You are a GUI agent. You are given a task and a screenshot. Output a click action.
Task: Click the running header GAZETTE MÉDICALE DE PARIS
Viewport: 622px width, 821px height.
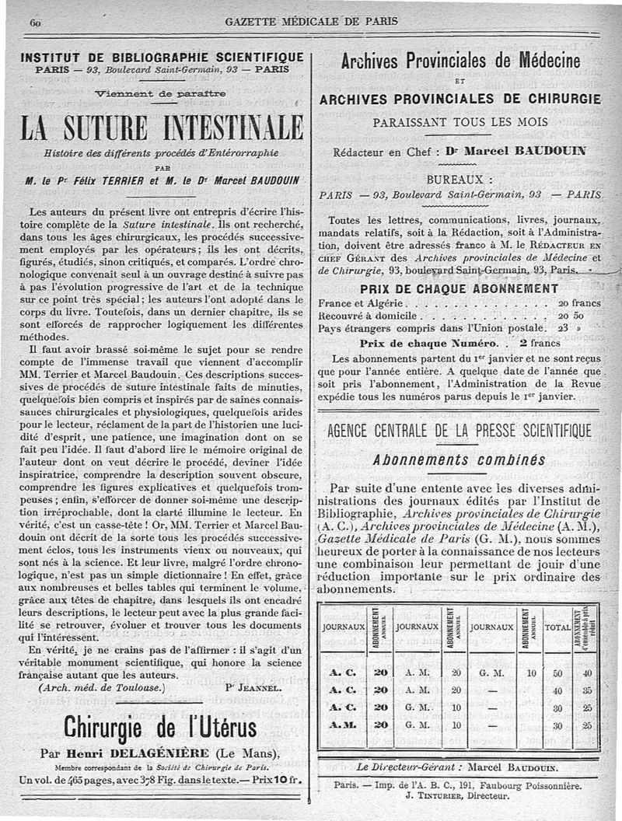310,21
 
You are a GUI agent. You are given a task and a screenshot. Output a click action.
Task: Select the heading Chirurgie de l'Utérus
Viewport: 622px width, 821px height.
160,728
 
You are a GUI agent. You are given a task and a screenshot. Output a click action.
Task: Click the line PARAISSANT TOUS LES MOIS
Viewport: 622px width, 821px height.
460,122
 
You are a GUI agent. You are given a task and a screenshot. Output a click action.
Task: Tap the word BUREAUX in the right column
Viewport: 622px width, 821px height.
460,178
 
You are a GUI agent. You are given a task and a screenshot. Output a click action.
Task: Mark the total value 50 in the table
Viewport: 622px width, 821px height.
557,673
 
